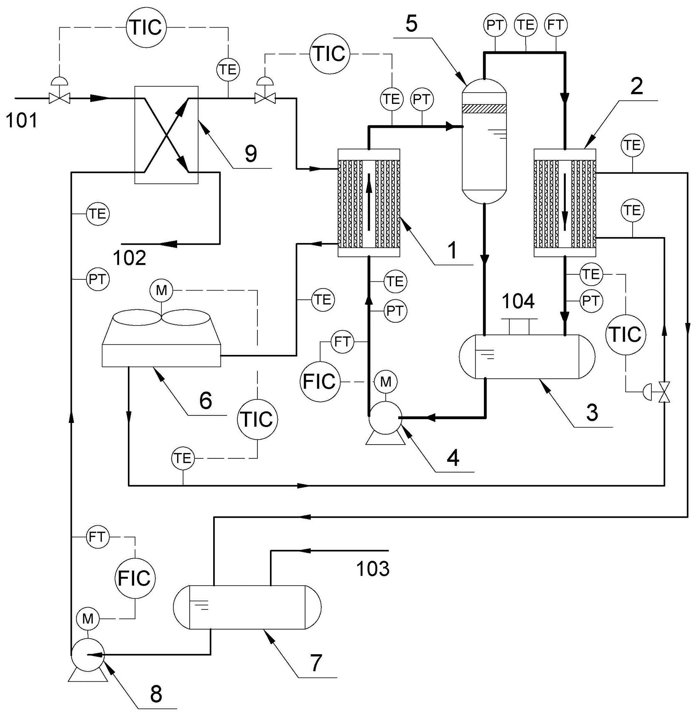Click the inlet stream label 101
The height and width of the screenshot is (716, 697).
coord(22,121)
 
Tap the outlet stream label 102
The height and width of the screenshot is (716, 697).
coord(130,258)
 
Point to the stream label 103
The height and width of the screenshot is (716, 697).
coord(373,569)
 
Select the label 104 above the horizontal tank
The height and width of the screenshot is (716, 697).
coord(518,301)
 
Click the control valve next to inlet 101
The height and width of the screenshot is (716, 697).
coord(60,99)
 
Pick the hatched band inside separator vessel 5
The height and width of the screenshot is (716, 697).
coord(484,109)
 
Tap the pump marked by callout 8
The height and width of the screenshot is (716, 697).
coord(87,655)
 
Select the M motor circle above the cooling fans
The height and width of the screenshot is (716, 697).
coord(162,291)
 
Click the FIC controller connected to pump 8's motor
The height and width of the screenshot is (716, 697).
coord(135,578)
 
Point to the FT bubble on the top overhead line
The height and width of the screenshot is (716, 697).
coord(556,25)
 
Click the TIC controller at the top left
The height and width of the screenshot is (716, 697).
coord(146,28)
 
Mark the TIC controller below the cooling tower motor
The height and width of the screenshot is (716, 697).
coord(257,419)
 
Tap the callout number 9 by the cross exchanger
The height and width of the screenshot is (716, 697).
coord(250,154)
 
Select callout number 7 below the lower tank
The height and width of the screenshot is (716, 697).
coord(316,663)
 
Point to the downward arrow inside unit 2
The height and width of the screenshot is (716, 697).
coord(565,202)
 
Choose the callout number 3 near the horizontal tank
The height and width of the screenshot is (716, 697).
coord(592,412)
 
